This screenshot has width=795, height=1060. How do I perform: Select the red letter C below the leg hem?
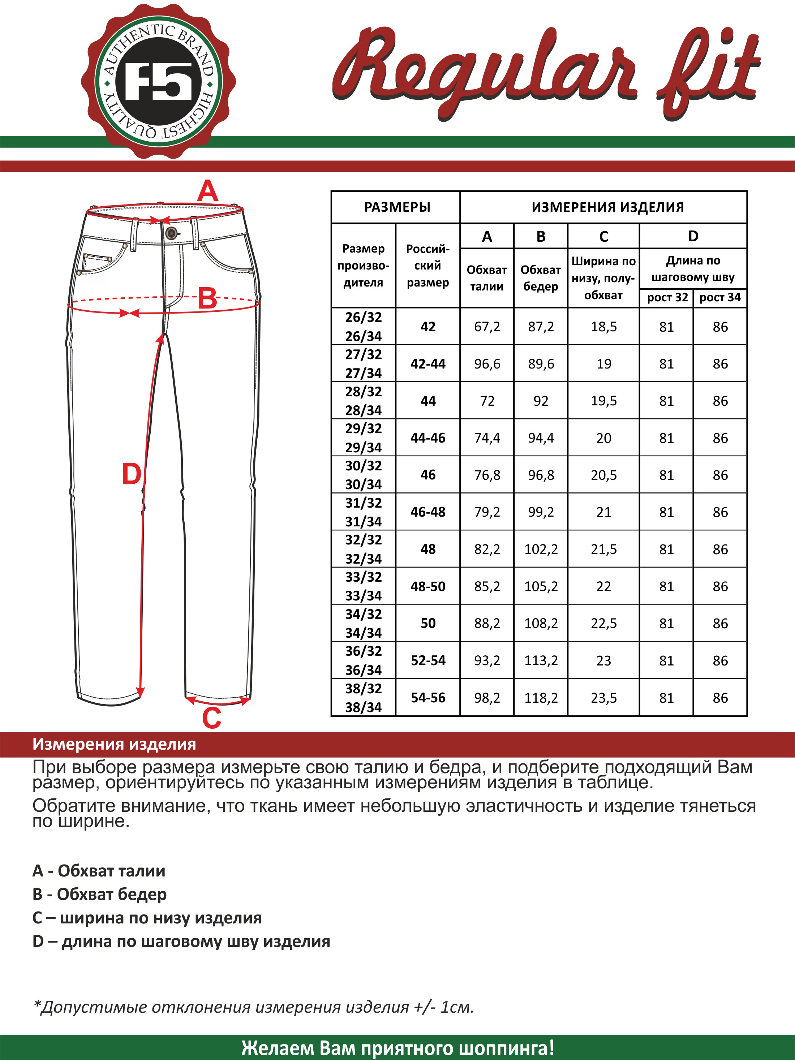click(211, 718)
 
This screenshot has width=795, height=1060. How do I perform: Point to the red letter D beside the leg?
click(131, 474)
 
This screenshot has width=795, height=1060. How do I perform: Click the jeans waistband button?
click(171, 233)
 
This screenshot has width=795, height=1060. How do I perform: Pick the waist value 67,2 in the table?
click(487, 327)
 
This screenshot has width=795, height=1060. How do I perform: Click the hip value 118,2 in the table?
click(541, 698)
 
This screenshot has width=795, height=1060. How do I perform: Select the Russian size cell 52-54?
click(428, 660)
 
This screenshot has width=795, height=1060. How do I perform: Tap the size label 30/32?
click(363, 466)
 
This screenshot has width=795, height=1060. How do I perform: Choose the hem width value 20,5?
click(604, 475)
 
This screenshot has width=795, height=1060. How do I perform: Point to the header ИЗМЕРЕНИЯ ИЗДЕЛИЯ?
click(607, 207)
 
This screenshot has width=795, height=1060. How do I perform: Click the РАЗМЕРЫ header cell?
click(397, 207)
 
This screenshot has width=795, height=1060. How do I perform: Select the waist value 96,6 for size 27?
click(487, 364)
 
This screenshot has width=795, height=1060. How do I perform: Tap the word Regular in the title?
click(484, 69)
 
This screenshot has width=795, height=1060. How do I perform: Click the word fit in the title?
click(709, 72)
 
